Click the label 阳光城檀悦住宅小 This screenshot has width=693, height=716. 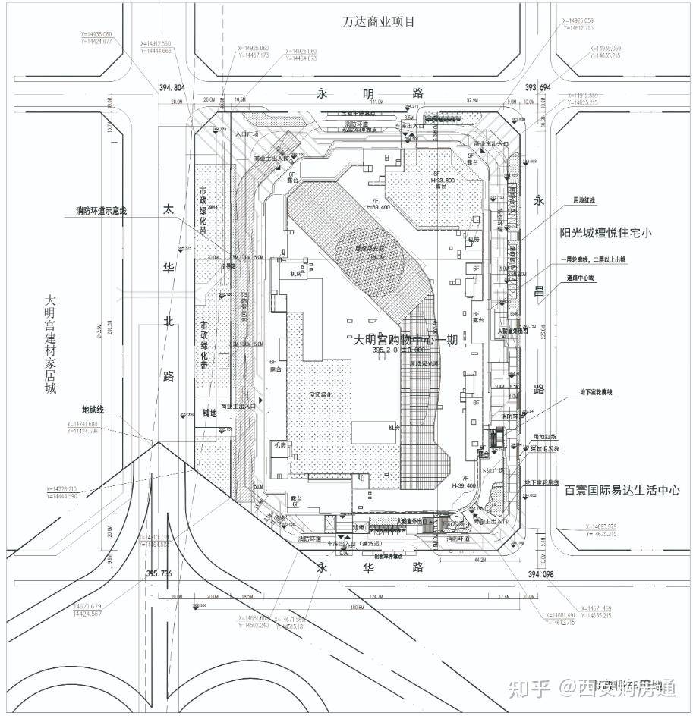tap(606, 233)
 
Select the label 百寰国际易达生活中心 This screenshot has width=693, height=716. tap(622, 491)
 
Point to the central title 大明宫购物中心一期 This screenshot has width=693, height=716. tap(405, 340)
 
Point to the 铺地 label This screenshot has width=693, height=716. tap(209, 413)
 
